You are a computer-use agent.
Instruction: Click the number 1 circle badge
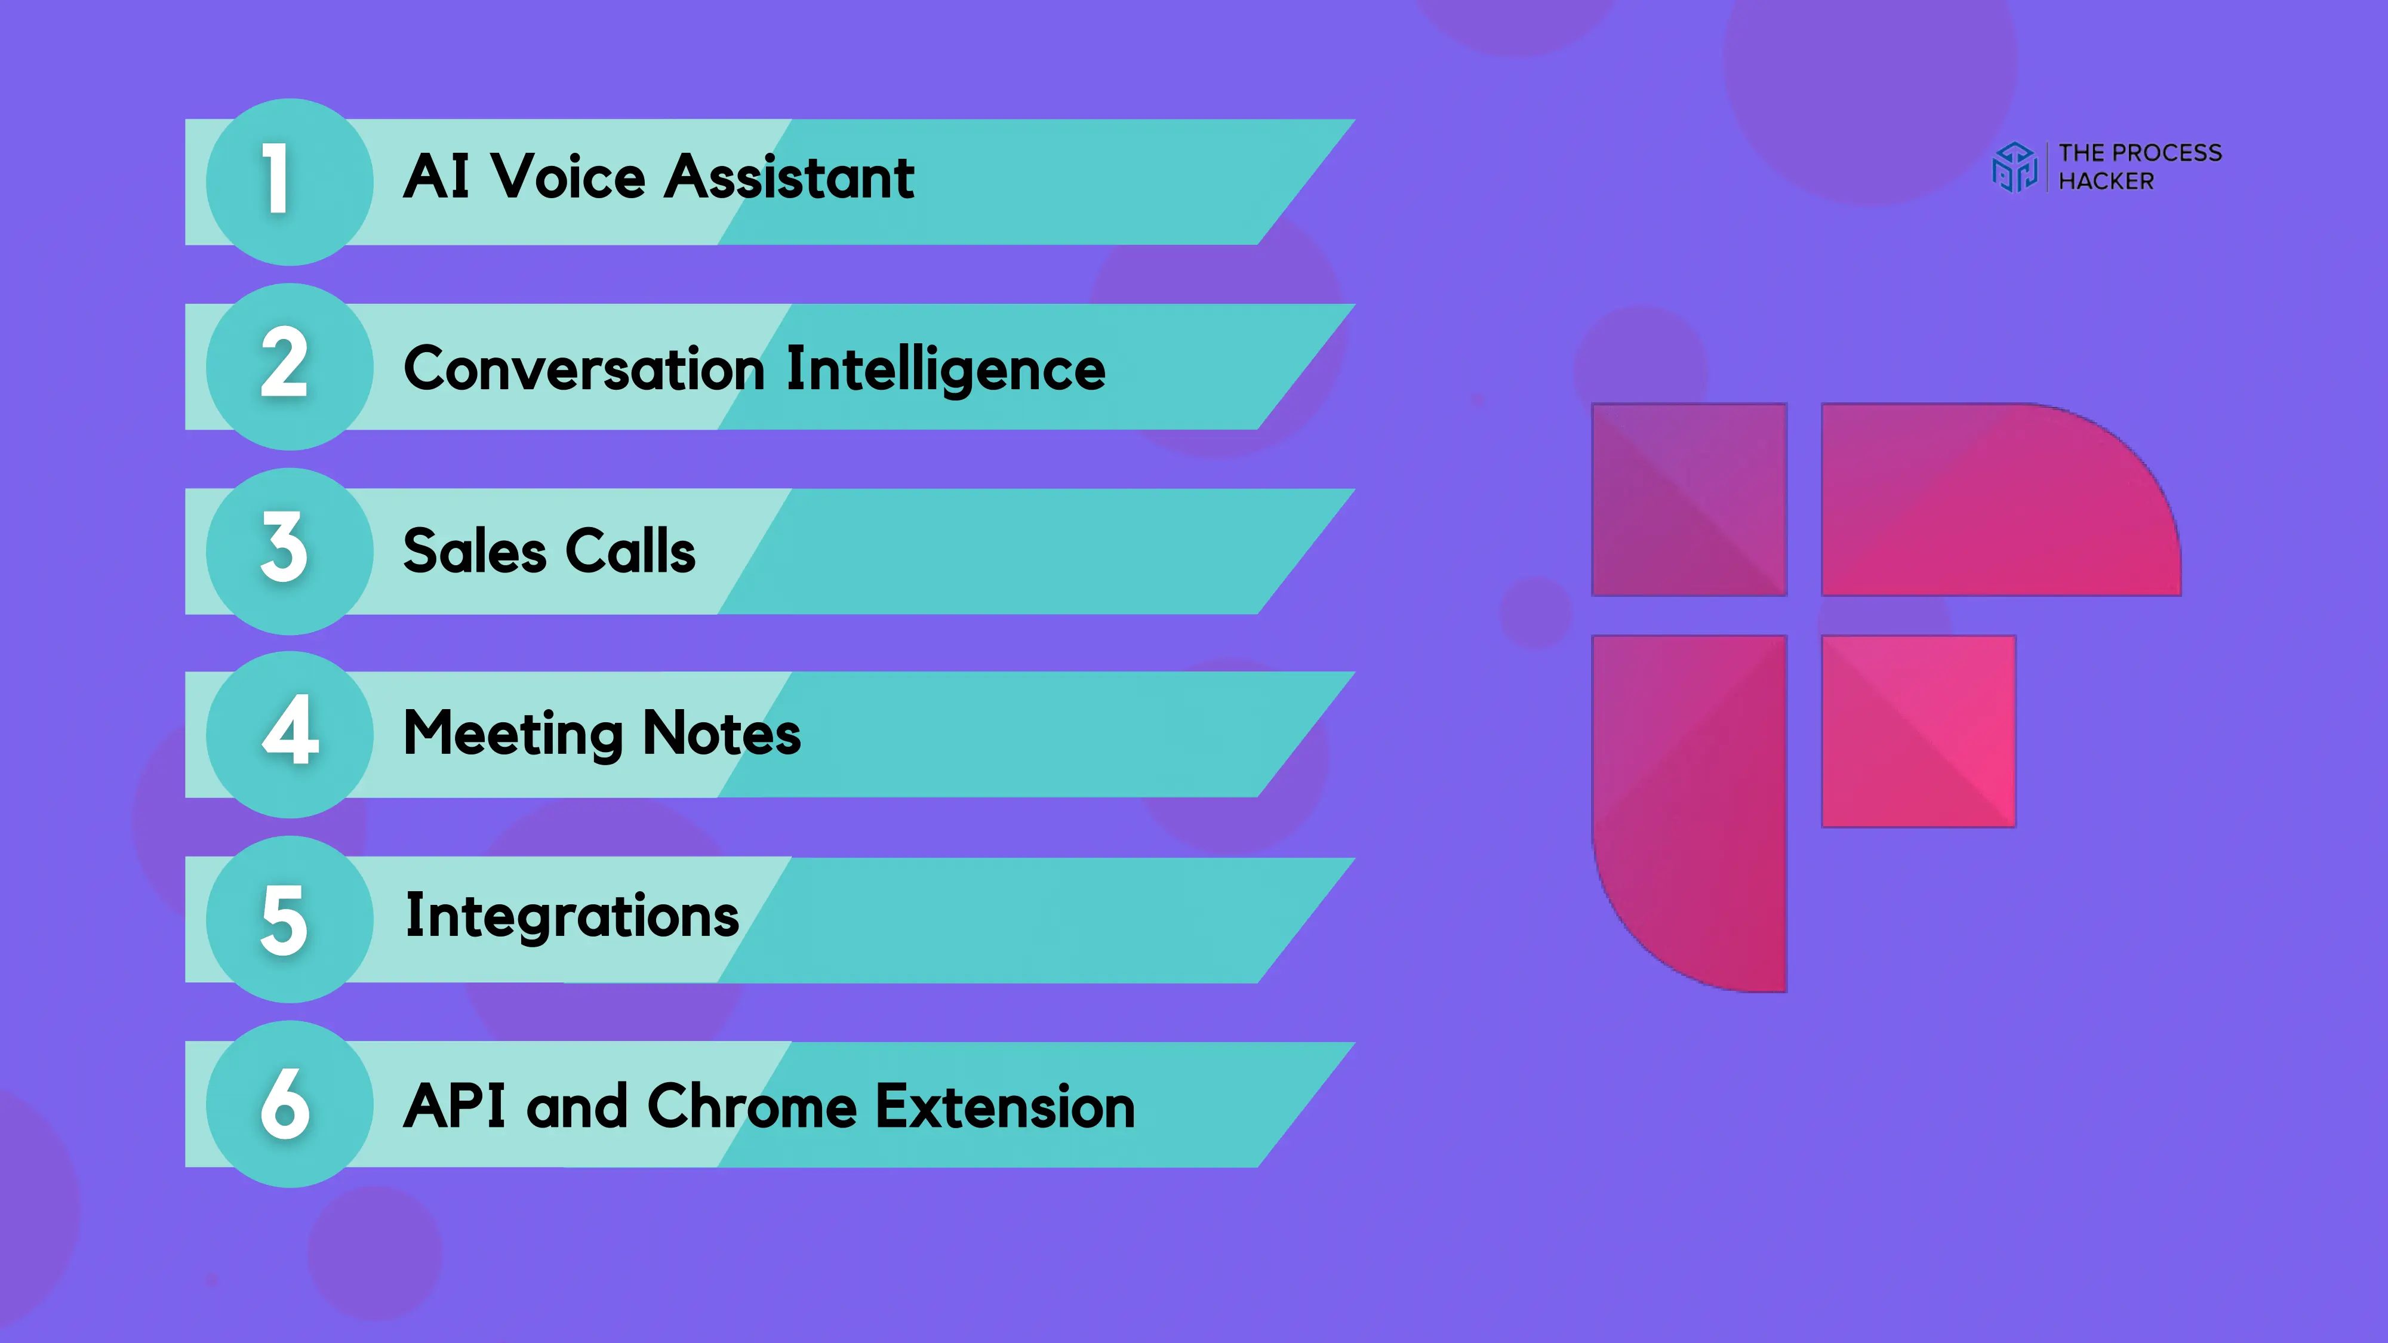(289, 181)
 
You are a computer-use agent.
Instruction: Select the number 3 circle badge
(289, 550)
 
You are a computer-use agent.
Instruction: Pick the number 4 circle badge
(289, 734)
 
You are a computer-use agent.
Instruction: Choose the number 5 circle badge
(289, 919)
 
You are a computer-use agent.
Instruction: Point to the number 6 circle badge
(289, 1104)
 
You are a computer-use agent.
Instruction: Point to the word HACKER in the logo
(2106, 181)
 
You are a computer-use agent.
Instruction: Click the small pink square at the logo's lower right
(1919, 731)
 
